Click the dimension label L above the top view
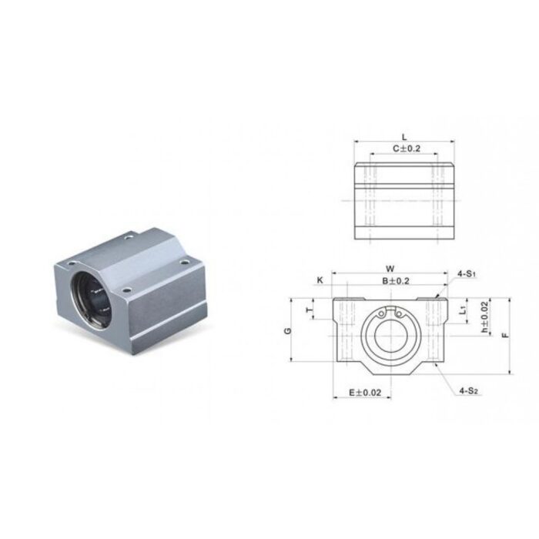point(404,136)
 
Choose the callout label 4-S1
point(467,273)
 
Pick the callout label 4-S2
point(469,391)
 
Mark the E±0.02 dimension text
point(365,393)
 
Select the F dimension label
point(504,336)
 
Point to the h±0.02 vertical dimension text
point(484,316)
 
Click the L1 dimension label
point(462,310)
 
